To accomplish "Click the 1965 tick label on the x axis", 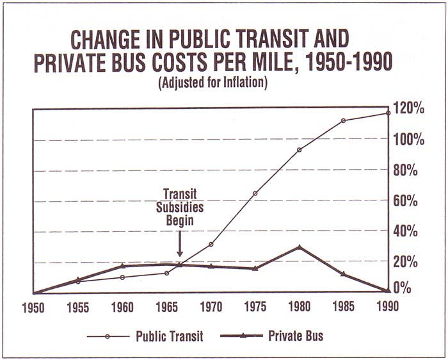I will tap(166, 306).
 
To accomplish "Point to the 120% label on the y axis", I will tap(408, 109).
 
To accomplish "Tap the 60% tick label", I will tap(406, 201).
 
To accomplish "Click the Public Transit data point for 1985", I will tap(344, 121).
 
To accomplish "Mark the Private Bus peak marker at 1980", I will tap(299, 247).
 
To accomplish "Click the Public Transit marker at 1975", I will tap(255, 193).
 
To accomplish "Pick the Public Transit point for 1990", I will tap(387, 113).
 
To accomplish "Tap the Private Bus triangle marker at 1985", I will tap(344, 274).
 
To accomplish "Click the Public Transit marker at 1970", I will tap(211, 244).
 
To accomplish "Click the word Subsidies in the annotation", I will tap(180, 208).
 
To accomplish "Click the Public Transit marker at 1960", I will tap(122, 277).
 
